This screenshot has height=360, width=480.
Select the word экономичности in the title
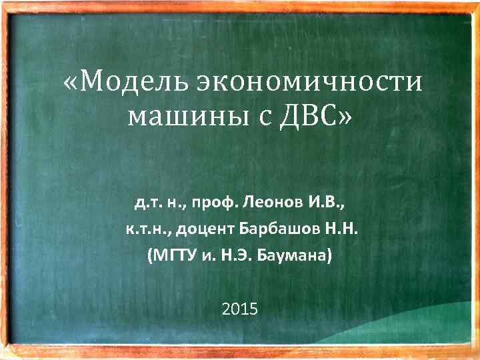click(x=310, y=83)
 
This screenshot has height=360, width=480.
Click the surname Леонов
click(x=274, y=200)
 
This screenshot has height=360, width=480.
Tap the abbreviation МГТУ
click(x=174, y=255)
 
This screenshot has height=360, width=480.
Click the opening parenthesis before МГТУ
click(x=151, y=256)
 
